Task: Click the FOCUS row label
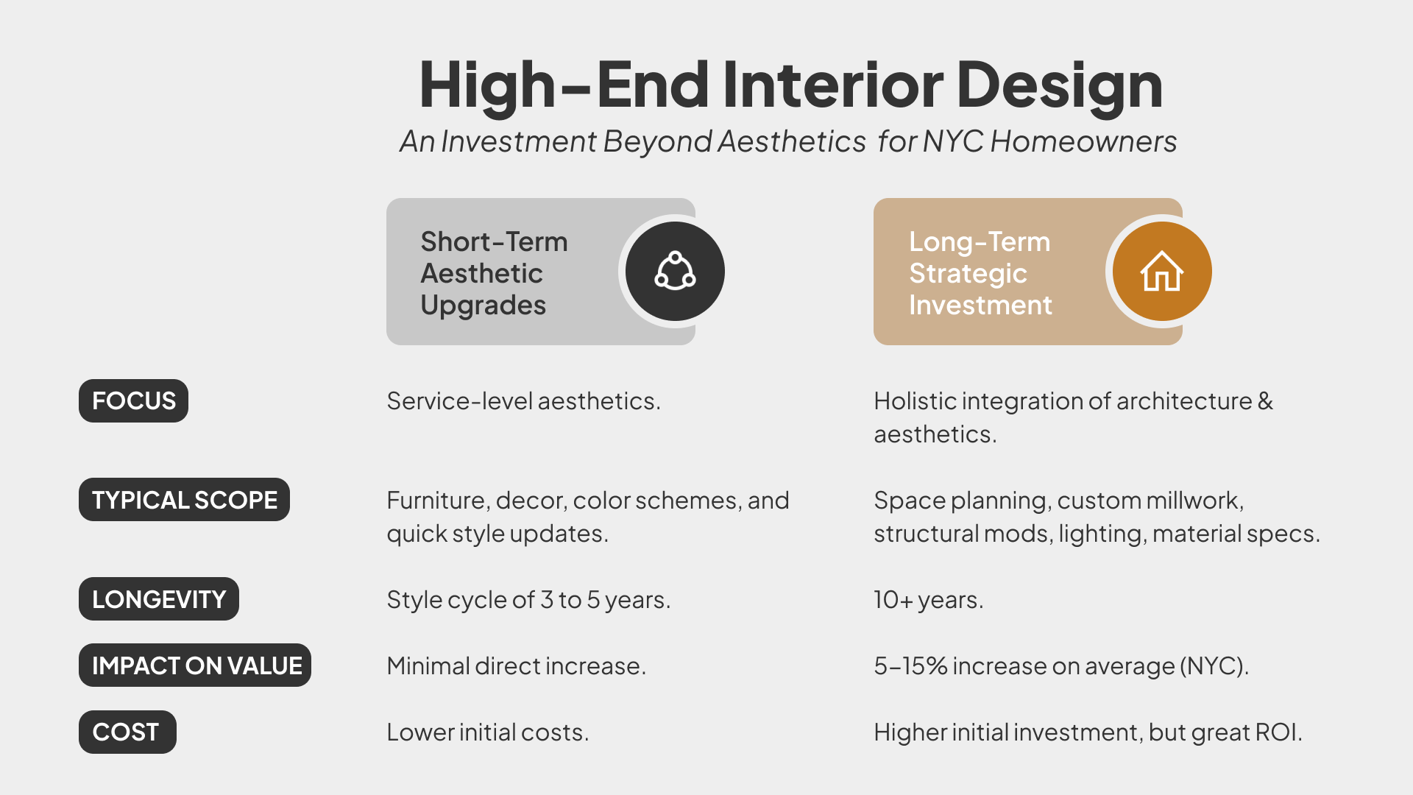click(x=133, y=401)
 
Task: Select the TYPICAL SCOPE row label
click(x=184, y=500)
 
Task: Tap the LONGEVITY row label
click(x=158, y=599)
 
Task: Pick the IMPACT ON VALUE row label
click(x=195, y=665)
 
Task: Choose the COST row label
click(x=127, y=732)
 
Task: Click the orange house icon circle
click(x=1161, y=272)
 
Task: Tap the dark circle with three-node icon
click(x=675, y=272)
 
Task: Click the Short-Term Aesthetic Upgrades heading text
click(x=493, y=273)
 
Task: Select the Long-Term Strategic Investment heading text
click(x=980, y=273)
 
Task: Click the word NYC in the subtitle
click(x=953, y=141)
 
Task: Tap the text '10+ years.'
click(x=928, y=600)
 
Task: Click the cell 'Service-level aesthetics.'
click(x=523, y=401)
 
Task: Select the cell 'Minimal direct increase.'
click(x=516, y=666)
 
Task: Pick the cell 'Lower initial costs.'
click(x=487, y=732)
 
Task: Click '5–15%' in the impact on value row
click(x=910, y=666)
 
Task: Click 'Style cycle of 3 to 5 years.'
click(x=528, y=600)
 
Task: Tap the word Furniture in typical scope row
click(x=437, y=501)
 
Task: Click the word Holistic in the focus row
click(x=915, y=401)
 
